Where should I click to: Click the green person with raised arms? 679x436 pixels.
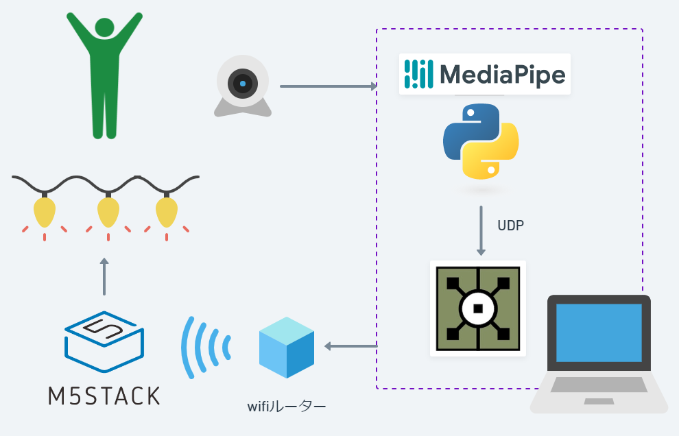click(104, 75)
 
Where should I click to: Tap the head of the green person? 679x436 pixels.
click(104, 28)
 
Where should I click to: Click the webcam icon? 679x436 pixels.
click(243, 86)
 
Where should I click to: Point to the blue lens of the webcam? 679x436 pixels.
click(243, 84)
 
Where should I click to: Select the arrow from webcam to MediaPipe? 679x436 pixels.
click(329, 86)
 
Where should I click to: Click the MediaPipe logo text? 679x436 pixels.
click(502, 74)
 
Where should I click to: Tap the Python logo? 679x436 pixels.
click(481, 140)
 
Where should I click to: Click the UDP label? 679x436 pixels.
click(510, 225)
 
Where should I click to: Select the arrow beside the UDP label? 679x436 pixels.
click(481, 230)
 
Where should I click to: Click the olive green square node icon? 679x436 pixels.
click(478, 308)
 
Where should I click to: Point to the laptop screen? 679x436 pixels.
click(599, 332)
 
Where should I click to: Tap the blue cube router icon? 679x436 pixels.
click(287, 347)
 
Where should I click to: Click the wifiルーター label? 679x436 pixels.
click(287, 407)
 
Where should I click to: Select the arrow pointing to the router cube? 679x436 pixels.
click(350, 346)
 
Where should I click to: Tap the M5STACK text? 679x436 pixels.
click(104, 396)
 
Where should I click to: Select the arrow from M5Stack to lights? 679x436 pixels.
click(104, 277)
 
